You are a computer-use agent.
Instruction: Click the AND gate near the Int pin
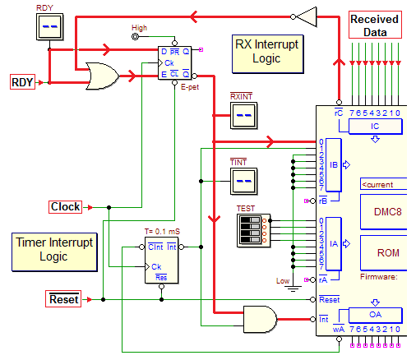point(260,320)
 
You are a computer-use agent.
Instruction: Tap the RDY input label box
point(22,81)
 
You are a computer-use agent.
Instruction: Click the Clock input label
point(65,207)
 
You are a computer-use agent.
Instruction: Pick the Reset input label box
point(63,298)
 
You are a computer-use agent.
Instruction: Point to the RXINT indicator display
point(243,115)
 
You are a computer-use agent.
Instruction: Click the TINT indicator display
point(243,181)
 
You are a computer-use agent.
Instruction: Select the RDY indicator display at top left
point(50,27)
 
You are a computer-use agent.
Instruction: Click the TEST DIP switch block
point(253,231)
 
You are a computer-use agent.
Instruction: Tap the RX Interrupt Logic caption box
point(267,53)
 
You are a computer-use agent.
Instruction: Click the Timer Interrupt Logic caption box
point(54,252)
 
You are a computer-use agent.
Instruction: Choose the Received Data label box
point(375,25)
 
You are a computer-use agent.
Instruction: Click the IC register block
point(375,126)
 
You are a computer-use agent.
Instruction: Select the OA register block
point(375,315)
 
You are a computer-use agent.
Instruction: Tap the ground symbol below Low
point(293,288)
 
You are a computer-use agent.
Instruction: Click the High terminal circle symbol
point(135,36)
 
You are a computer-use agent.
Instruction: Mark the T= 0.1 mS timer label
point(162,232)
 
